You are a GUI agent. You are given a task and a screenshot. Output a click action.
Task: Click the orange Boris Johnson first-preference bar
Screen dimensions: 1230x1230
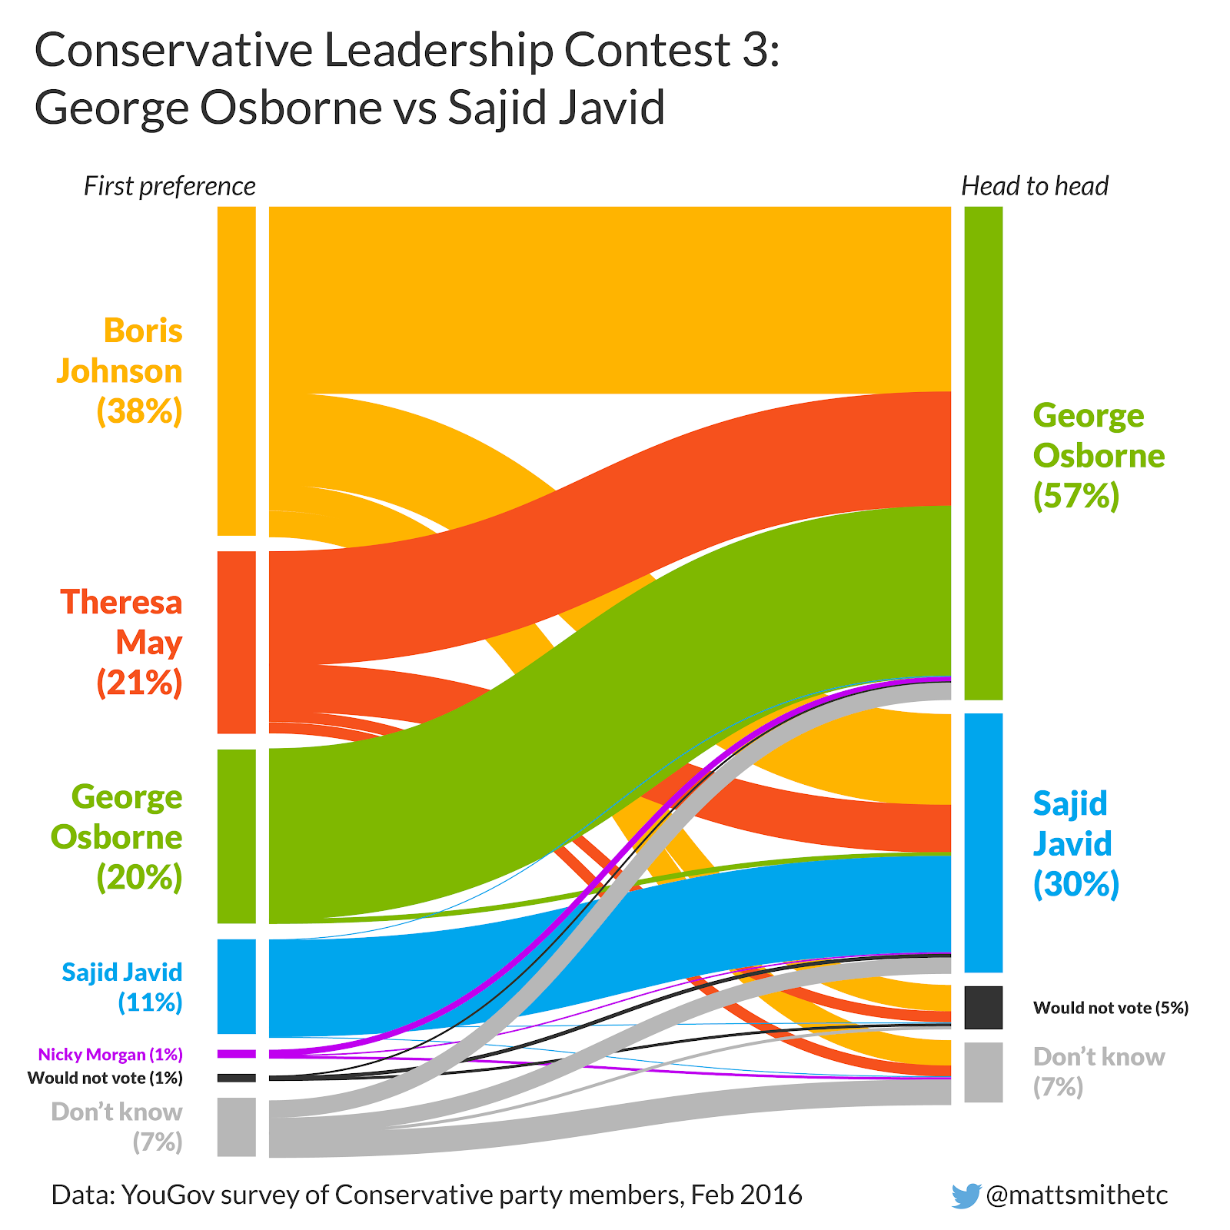(236, 371)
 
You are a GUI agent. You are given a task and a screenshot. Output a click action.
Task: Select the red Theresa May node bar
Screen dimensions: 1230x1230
(236, 642)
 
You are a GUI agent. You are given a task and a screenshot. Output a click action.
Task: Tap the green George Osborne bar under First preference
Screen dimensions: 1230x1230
(236, 836)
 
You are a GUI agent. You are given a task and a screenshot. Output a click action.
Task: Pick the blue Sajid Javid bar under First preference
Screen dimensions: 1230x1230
(236, 986)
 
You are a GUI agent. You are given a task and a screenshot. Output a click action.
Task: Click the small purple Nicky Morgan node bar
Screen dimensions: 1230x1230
(236, 1053)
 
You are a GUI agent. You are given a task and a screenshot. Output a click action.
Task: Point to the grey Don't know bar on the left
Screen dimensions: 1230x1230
(236, 1126)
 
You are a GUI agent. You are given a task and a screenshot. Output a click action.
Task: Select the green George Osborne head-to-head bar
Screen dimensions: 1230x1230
(983, 453)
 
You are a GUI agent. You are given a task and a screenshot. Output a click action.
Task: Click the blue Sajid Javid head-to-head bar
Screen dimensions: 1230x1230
(983, 843)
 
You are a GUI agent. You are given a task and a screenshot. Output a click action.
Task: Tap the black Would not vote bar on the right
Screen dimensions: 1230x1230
(983, 1007)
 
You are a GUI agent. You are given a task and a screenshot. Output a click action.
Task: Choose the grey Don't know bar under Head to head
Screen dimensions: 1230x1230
(983, 1072)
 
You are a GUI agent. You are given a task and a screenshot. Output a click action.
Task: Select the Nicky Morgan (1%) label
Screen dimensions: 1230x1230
(110, 1054)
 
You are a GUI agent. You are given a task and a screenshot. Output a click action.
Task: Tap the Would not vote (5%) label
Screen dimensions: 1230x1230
(1110, 1007)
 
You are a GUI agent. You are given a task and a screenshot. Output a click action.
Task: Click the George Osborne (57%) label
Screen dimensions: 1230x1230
(1098, 455)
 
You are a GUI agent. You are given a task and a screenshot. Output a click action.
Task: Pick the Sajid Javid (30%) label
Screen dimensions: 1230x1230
(1075, 843)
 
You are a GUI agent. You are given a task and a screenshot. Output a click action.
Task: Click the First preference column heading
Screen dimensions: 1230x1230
(169, 186)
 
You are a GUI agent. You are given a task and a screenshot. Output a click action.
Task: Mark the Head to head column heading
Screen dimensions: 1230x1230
(1035, 186)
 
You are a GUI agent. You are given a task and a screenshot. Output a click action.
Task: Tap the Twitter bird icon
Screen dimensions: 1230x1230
(966, 1195)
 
